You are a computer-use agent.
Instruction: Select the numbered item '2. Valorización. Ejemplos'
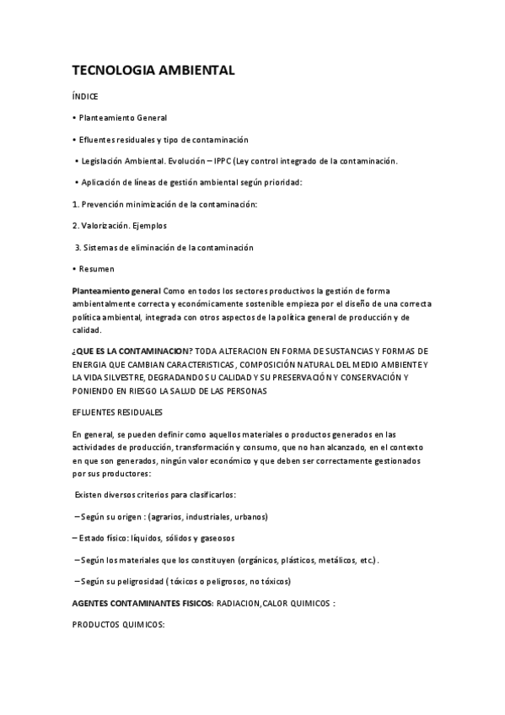pos(121,226)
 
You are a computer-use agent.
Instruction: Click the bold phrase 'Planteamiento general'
pos(116,291)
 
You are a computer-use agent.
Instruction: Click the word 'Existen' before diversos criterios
pos(89,494)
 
